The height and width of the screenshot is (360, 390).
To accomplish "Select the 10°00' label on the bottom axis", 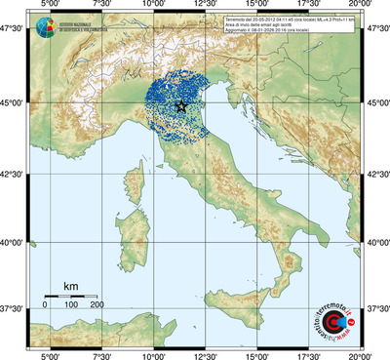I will click(x=154, y=354).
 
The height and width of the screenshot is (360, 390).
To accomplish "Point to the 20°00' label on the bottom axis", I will click(x=361, y=354).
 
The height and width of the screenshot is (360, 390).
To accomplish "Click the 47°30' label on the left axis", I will click(x=15, y=32).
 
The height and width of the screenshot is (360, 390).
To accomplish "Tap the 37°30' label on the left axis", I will click(x=15, y=308).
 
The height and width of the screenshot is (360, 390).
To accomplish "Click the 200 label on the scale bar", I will click(x=97, y=305).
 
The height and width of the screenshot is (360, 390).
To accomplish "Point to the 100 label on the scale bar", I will click(x=71, y=305).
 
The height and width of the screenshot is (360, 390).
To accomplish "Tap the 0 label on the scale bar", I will click(x=45, y=305).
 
